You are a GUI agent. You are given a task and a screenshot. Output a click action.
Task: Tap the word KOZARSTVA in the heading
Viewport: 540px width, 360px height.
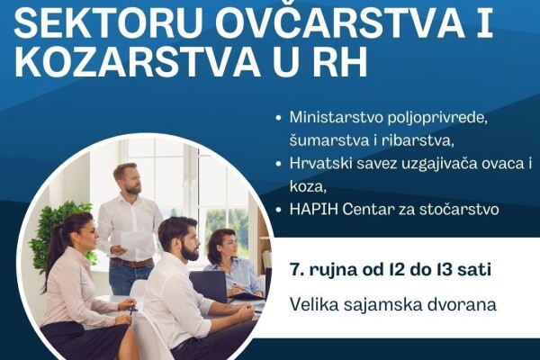(x=138, y=62)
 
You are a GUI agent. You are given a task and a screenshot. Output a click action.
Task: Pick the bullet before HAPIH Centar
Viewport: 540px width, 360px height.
(x=279, y=210)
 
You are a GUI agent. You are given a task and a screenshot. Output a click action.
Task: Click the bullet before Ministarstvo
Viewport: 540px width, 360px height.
(x=279, y=118)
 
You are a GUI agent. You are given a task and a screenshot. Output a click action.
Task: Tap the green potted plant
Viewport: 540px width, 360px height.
(x=58, y=234)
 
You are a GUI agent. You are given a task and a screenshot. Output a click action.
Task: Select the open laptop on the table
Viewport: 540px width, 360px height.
(x=210, y=286)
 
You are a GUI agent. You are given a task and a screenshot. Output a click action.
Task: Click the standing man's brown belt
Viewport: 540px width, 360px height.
(x=131, y=263)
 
